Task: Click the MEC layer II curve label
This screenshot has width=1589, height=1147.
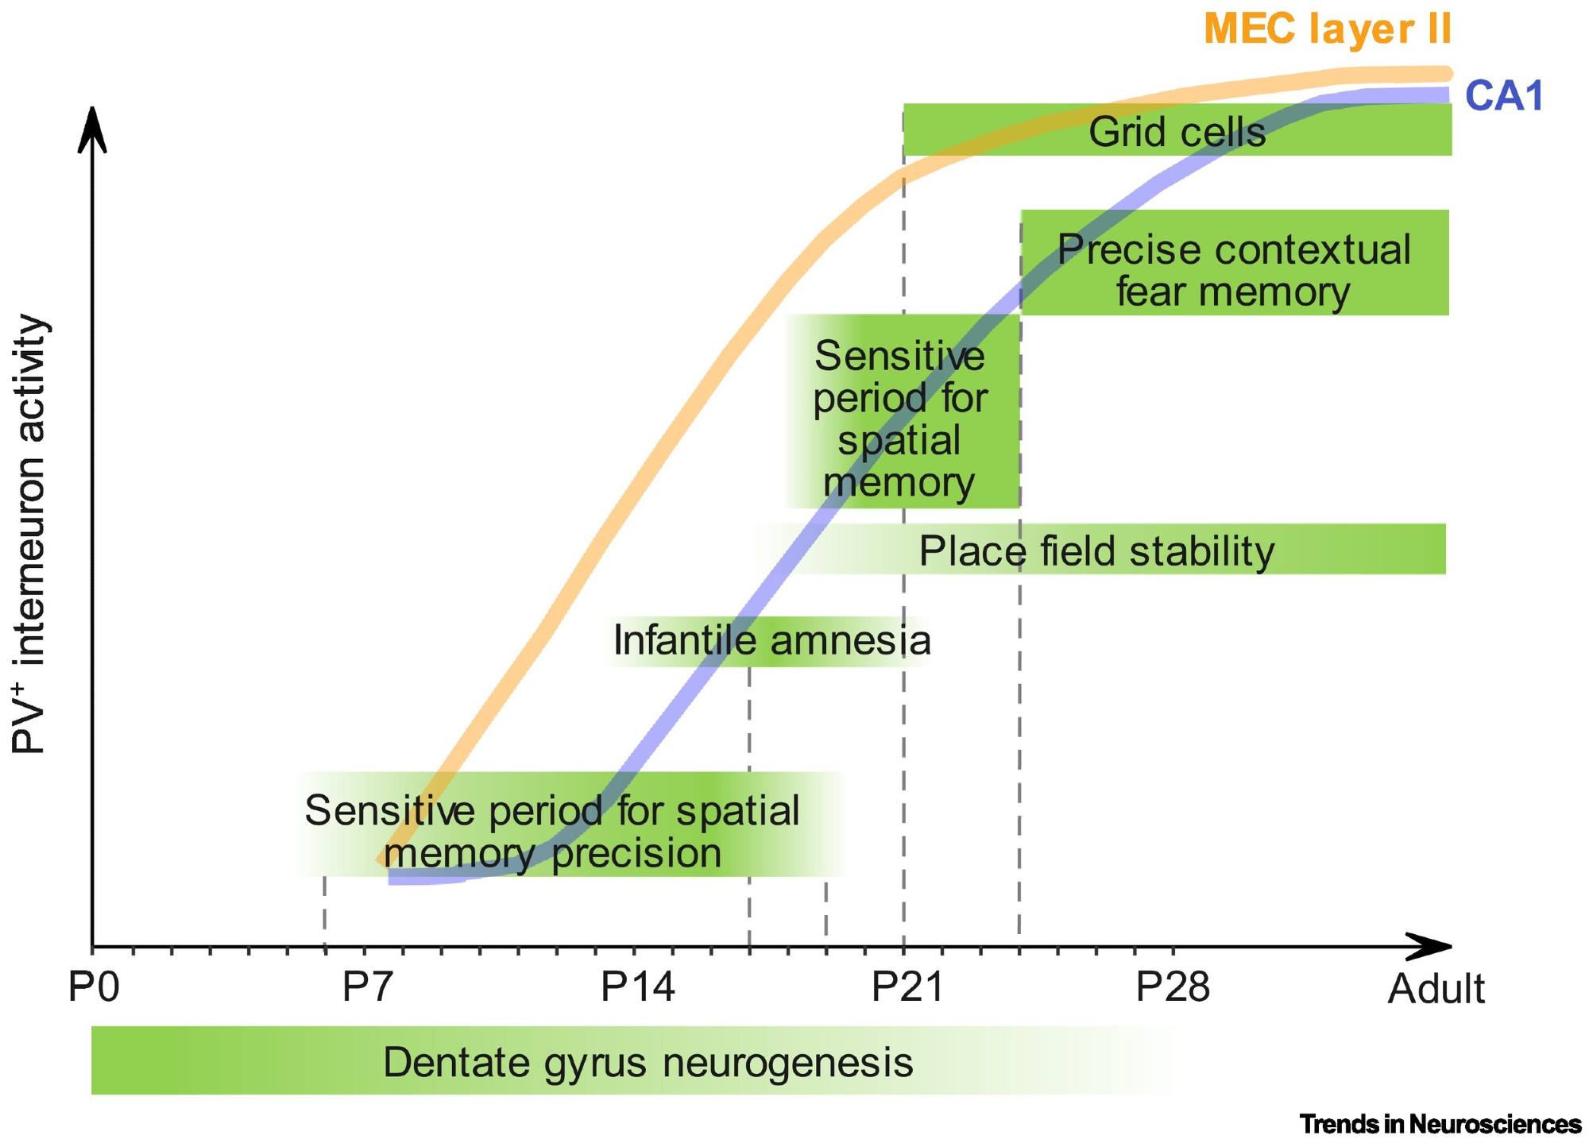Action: tap(1327, 29)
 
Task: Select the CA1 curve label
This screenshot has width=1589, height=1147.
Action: tap(1503, 96)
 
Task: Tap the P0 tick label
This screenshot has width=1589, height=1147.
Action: tap(94, 987)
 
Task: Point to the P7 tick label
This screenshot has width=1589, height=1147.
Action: tap(368, 987)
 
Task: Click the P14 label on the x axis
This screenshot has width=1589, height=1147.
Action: tap(637, 987)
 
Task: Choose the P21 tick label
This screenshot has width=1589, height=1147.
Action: tap(907, 987)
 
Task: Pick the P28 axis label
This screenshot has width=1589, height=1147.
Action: tap(1173, 987)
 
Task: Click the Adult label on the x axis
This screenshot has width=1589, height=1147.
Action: tap(1436, 990)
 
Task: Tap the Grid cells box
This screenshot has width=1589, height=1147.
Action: tap(1177, 131)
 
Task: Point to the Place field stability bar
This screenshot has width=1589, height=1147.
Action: tap(1096, 550)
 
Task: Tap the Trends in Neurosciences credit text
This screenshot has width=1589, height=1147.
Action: tap(1440, 1124)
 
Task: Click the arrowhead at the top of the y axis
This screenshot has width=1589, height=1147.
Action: tap(93, 127)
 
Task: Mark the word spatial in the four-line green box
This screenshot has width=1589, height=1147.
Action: tap(899, 441)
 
